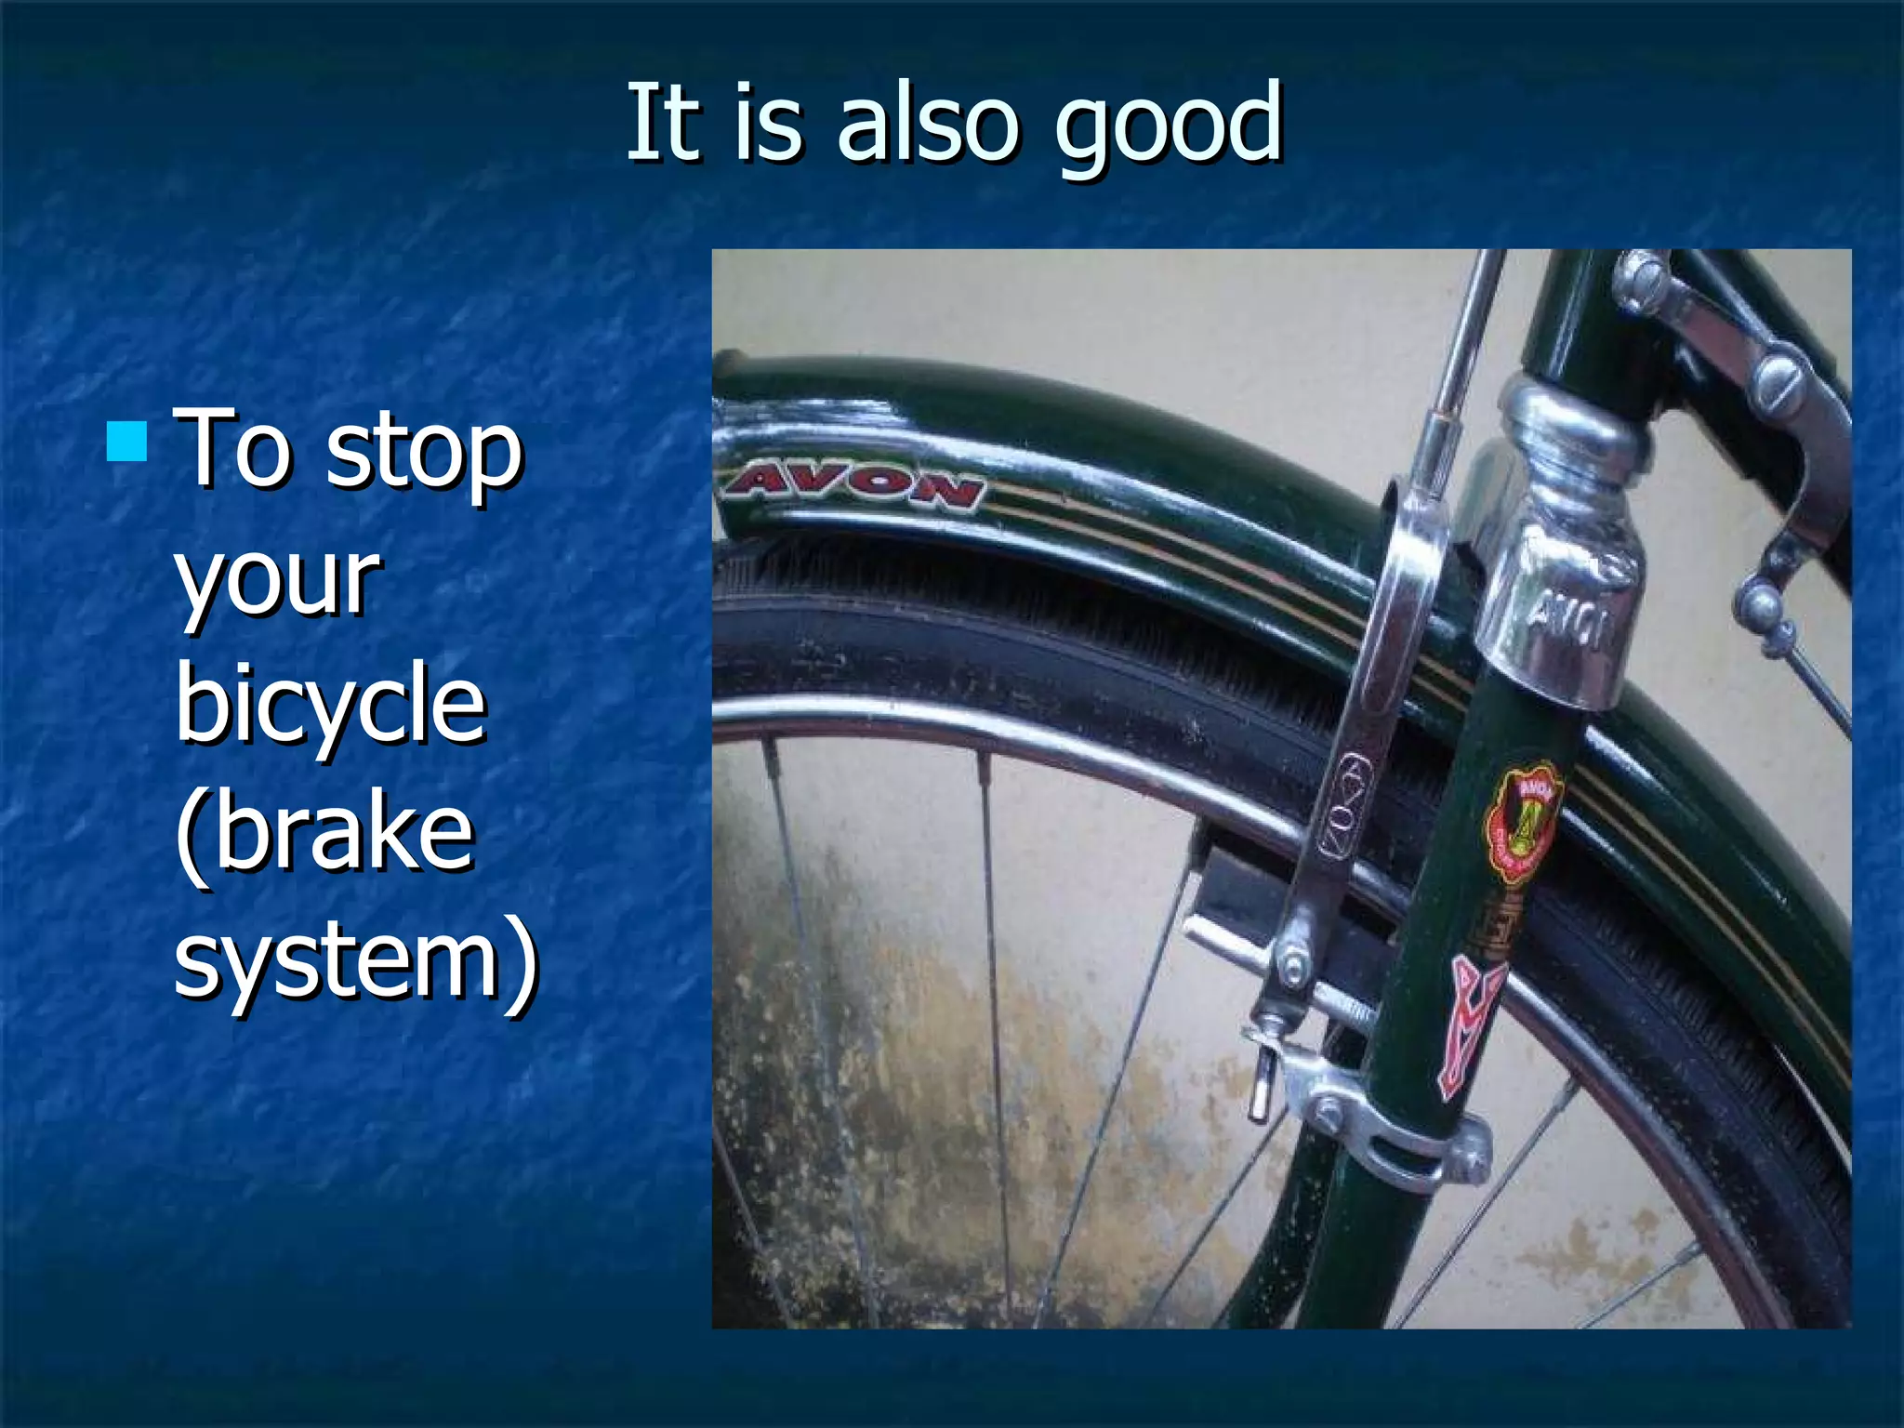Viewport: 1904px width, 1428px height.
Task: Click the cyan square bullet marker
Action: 126,443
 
